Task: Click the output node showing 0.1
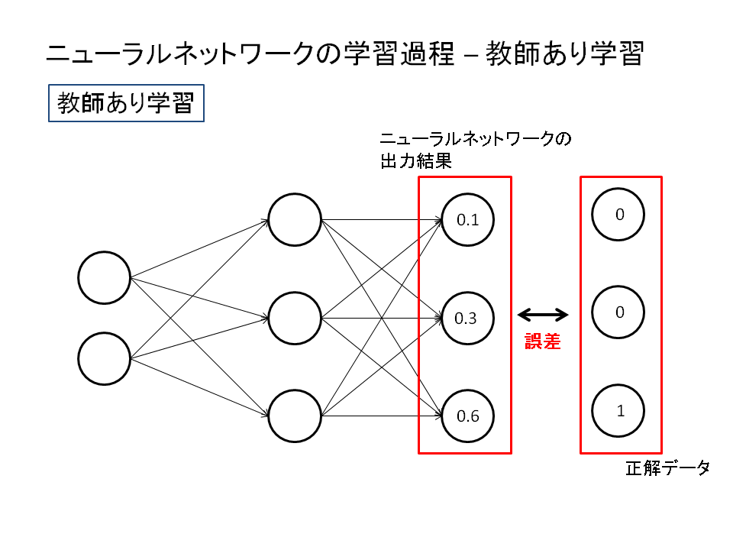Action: pos(467,220)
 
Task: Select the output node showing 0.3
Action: pos(467,318)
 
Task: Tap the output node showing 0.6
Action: pos(467,416)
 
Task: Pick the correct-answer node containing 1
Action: pos(619,410)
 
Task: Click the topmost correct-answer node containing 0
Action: pos(619,215)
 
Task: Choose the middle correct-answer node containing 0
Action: pos(619,312)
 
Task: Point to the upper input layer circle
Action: pos(105,277)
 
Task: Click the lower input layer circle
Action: pos(105,358)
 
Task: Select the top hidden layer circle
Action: pos(295,220)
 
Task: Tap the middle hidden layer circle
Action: pos(295,318)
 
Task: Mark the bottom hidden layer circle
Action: pos(295,416)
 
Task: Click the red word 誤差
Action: pos(543,342)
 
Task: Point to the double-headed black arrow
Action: pos(543,314)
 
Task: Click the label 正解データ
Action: pos(668,468)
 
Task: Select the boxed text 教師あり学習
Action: pos(126,103)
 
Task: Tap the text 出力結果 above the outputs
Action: pos(416,162)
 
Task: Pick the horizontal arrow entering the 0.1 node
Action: pos(382,221)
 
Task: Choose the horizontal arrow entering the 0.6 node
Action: pos(382,416)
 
